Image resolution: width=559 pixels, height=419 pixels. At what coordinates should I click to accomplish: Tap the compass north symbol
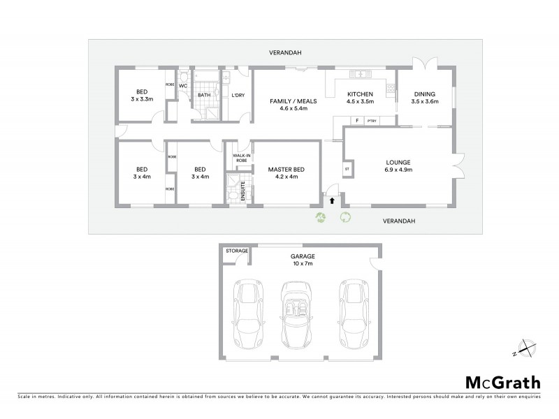point(523,347)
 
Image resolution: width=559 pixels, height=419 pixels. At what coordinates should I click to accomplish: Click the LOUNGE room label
point(398,162)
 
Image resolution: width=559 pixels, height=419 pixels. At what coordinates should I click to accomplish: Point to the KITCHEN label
point(361,94)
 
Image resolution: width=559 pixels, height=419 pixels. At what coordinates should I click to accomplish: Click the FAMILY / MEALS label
point(293,101)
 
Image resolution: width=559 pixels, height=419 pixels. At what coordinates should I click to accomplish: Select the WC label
point(183,86)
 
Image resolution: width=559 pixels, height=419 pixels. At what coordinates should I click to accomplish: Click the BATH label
point(204,95)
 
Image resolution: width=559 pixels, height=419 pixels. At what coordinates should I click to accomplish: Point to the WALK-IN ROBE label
point(240,159)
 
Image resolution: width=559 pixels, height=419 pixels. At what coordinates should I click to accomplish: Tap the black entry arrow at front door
point(332,200)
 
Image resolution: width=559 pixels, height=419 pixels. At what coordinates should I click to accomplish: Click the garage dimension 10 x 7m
point(303,265)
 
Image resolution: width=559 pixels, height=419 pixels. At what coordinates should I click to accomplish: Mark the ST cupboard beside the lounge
point(346,169)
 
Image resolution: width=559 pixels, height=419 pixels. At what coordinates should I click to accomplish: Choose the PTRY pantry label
point(372,121)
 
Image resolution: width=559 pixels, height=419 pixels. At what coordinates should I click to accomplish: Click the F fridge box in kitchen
point(357,121)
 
